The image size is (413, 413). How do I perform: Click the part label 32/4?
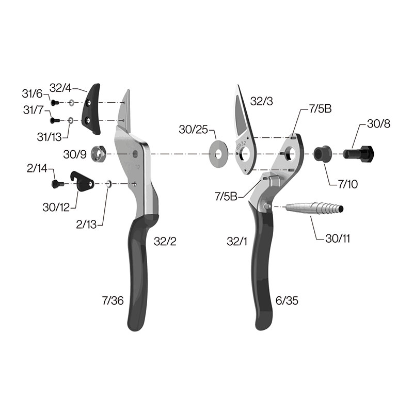(60, 88)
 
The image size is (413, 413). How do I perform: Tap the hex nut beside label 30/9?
(98, 154)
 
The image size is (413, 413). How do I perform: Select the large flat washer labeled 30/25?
(218, 154)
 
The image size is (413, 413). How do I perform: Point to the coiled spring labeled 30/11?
(314, 208)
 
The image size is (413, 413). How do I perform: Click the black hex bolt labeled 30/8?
(358, 153)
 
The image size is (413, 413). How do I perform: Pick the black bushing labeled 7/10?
(322, 153)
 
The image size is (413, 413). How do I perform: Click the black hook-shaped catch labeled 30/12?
(82, 182)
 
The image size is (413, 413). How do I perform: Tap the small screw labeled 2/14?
(58, 184)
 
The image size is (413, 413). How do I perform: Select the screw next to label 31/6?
(55, 102)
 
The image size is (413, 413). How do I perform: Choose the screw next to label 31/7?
(55, 121)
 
